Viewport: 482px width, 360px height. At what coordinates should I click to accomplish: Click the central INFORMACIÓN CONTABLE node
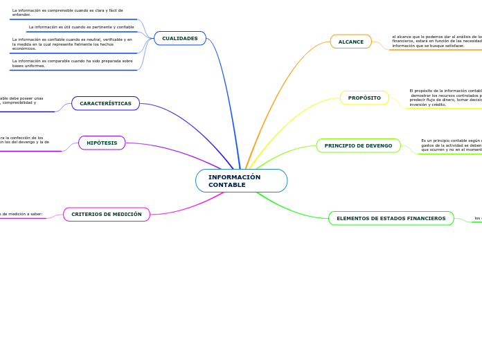coord(241,181)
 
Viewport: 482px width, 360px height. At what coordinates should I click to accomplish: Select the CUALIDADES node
coord(179,38)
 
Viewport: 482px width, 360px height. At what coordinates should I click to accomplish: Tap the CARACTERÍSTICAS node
coord(105,103)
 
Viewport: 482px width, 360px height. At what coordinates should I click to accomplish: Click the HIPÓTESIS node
coord(102,143)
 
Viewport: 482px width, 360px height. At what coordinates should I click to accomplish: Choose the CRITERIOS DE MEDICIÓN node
coord(106,215)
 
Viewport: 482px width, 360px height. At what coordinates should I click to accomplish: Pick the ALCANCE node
coord(350,42)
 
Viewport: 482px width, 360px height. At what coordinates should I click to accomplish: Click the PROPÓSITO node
coord(364,98)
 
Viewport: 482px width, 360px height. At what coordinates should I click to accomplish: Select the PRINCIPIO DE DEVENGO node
coord(358,145)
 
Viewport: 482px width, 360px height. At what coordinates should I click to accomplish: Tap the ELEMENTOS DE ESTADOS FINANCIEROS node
coord(391,218)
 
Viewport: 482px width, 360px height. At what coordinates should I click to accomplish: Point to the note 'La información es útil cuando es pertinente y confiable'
coord(81,27)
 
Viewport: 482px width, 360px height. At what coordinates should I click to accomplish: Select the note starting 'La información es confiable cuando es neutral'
coord(72,44)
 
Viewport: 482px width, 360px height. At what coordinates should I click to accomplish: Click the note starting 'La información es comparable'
coord(72,63)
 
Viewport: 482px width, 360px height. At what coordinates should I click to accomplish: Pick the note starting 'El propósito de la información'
coord(445,97)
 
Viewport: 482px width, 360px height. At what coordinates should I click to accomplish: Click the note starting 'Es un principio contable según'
coord(451,145)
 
